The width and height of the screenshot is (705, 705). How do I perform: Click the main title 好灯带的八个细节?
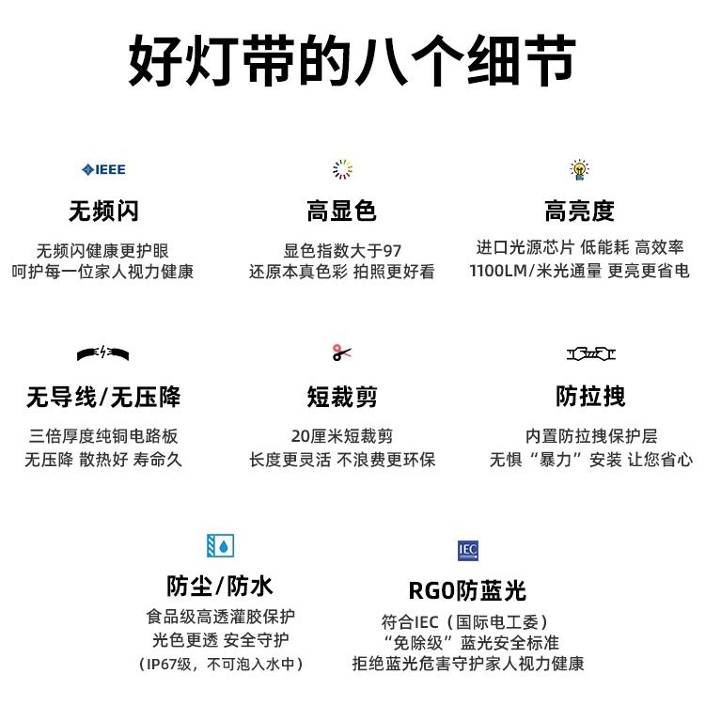(352, 63)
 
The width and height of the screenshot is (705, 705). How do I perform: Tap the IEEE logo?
(103, 169)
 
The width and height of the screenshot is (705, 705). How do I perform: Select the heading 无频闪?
(103, 211)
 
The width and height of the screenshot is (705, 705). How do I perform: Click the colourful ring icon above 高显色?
(342, 169)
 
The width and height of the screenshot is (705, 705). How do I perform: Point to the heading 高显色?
(342, 211)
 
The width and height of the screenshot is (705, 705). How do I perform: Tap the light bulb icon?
(579, 169)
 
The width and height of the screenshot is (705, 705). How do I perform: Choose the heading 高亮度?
(579, 211)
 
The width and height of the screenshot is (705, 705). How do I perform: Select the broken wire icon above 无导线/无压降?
(103, 353)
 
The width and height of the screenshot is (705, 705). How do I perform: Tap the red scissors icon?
(342, 352)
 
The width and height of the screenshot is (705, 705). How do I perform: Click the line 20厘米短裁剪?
(342, 436)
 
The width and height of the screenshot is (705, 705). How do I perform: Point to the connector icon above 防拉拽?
(591, 353)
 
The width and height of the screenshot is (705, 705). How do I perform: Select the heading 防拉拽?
(590, 396)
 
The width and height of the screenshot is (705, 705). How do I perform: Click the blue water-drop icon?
(220, 545)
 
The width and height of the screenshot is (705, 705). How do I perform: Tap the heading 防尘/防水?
(220, 587)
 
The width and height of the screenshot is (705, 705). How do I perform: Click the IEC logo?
(468, 549)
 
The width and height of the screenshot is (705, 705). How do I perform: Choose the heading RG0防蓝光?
(467, 590)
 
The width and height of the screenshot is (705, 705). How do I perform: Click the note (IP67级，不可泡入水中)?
(220, 665)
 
